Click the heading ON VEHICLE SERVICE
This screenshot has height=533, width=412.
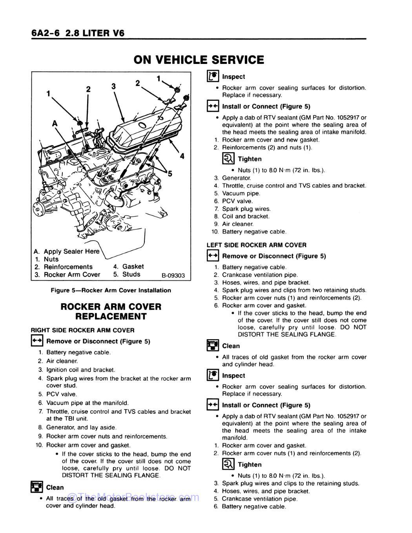pyautogui.click(x=199, y=60)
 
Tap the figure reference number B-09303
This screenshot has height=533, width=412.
pyautogui.click(x=173, y=276)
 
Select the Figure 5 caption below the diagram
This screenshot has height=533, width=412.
pyautogui.click(x=111, y=291)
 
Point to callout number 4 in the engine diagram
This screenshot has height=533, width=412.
pyautogui.click(x=182, y=156)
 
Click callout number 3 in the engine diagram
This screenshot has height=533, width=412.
pyautogui.click(x=113, y=86)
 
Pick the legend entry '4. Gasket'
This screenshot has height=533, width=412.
pyautogui.click(x=128, y=267)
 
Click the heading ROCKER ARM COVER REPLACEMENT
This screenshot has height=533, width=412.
pyautogui.click(x=111, y=311)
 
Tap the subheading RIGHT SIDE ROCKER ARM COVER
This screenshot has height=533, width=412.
pyautogui.click(x=82, y=330)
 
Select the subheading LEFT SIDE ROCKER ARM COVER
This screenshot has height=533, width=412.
pyautogui.click(x=256, y=245)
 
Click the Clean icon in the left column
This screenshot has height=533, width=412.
pyautogui.click(x=36, y=488)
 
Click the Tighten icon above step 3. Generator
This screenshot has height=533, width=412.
pyautogui.click(x=228, y=159)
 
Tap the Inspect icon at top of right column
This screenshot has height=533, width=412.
pyautogui.click(x=212, y=76)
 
